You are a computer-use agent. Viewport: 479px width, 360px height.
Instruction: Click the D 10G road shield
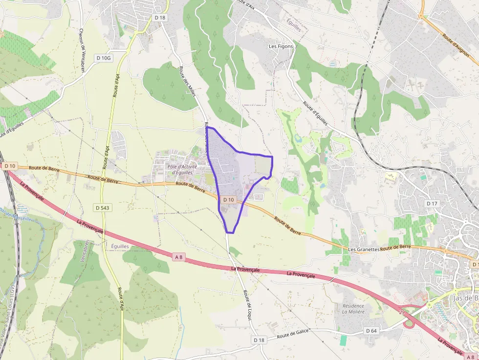104,58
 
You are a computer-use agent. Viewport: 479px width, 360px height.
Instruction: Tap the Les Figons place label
281,46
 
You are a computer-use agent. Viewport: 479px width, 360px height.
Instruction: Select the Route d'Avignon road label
456,43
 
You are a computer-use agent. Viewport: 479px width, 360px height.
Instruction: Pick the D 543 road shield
102,208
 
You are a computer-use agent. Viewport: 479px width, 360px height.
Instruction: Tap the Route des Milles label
187,81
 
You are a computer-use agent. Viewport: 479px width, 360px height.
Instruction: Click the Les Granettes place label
364,249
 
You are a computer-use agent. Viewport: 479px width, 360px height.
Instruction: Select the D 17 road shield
432,203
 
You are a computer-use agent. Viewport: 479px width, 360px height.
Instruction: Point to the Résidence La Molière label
353,309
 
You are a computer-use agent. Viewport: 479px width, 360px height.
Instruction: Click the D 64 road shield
372,331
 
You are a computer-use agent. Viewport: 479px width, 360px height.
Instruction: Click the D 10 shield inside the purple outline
229,200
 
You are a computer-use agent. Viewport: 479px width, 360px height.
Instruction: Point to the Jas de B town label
465,298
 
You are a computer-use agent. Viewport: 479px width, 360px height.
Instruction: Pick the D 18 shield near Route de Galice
259,339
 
